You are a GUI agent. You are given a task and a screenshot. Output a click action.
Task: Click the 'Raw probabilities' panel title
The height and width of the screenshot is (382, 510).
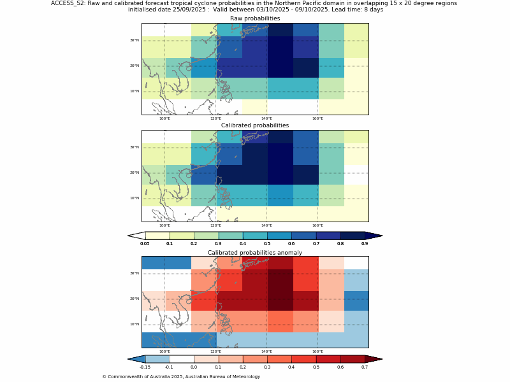(255, 18)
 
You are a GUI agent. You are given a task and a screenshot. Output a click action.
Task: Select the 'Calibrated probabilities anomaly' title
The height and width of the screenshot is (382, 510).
(255, 253)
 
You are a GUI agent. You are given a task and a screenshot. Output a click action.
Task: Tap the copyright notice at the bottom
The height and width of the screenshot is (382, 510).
(181, 376)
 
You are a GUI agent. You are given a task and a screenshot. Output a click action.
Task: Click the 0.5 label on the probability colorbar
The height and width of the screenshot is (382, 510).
(267, 243)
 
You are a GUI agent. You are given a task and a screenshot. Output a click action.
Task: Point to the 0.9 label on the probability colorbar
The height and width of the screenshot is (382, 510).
(365, 243)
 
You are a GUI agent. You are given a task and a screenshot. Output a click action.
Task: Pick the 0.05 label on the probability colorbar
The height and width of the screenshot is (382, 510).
(145, 243)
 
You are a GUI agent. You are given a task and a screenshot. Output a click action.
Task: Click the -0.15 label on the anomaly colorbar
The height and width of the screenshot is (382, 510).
(145, 367)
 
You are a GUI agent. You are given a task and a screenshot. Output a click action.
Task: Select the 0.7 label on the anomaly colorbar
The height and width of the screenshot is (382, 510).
(365, 367)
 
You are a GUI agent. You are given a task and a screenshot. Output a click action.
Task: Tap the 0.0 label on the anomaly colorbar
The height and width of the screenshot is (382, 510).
(194, 367)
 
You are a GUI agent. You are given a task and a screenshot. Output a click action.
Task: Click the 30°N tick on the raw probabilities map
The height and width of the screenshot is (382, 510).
(135, 40)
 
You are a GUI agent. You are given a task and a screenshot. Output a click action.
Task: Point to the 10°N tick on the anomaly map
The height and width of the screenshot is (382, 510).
(135, 324)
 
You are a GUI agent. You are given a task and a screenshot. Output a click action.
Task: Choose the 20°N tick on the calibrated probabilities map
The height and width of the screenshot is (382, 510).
(135, 173)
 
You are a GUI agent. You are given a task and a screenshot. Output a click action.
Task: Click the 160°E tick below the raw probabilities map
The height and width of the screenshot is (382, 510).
(317, 118)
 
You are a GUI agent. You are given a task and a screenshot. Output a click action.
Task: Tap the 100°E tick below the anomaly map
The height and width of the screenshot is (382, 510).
(164, 351)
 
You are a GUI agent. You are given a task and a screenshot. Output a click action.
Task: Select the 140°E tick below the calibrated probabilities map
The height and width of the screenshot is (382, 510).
(266, 225)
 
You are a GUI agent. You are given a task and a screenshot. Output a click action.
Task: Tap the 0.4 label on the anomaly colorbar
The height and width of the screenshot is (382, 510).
(291, 367)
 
